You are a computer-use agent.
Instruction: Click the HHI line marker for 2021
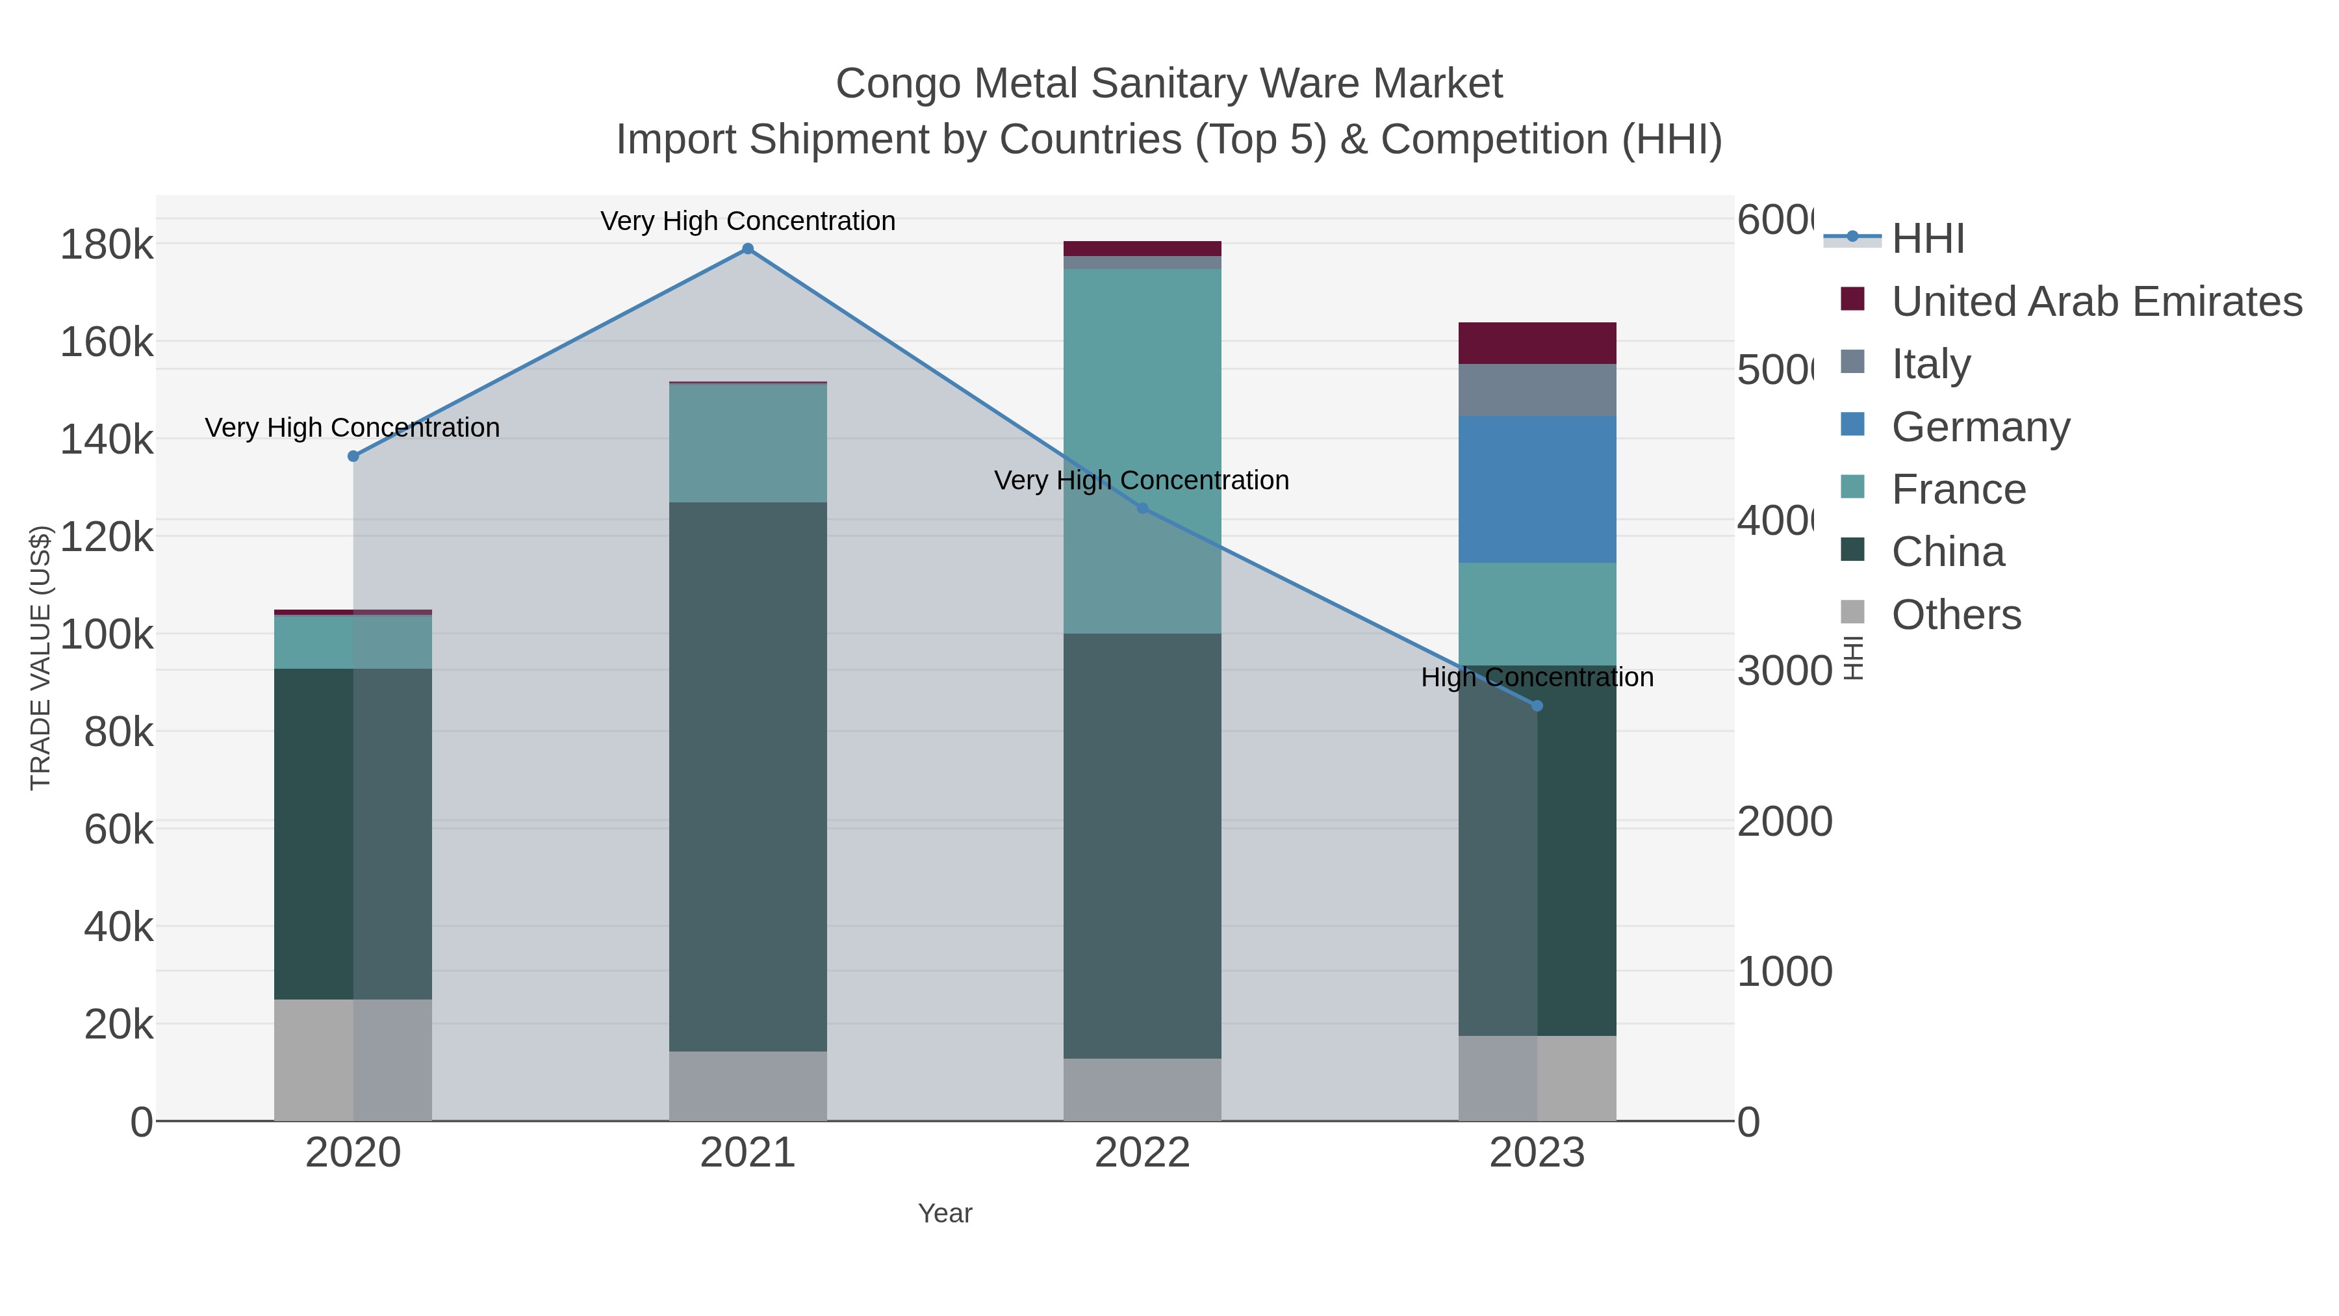coord(747,249)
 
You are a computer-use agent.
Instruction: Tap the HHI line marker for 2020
coord(353,456)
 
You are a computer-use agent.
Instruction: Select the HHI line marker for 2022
coord(1142,509)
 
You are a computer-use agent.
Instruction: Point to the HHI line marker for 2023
coord(1537,706)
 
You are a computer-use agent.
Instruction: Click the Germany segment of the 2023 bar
coord(1537,489)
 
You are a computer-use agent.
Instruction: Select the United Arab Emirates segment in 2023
coord(1537,343)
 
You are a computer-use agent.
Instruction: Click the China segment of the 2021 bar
coord(747,777)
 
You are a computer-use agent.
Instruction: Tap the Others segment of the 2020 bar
coord(353,1060)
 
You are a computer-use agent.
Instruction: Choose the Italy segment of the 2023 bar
coord(1537,391)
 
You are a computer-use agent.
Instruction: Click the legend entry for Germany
coord(1980,427)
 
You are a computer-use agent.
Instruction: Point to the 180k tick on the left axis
coord(107,245)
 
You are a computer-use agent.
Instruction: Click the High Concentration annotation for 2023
coord(1537,678)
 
